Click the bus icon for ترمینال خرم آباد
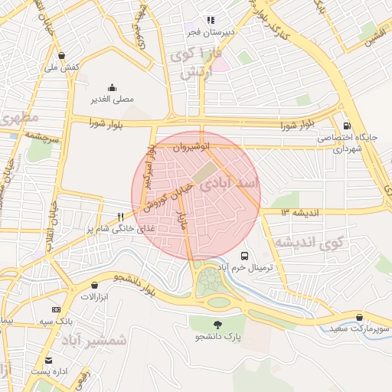point(244,256)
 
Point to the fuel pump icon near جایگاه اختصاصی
point(348,126)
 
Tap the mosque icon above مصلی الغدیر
point(113,87)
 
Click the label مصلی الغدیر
point(113,99)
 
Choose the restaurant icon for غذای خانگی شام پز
point(120,217)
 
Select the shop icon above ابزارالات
point(94,285)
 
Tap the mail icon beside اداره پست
point(49,360)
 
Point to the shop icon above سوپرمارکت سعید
point(360,317)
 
